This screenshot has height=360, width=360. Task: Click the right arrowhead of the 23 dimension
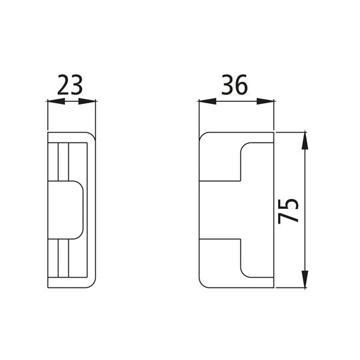tap(92, 102)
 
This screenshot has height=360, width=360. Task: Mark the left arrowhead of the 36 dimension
tap(206, 102)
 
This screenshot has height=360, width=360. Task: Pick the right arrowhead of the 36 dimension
tap(270, 102)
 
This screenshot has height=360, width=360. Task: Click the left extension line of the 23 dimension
tap(49, 116)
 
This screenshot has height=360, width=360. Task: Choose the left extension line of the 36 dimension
tap(200, 116)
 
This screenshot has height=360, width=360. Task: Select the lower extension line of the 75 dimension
tap(293, 288)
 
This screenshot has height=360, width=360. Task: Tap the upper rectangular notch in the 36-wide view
tap(257, 160)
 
